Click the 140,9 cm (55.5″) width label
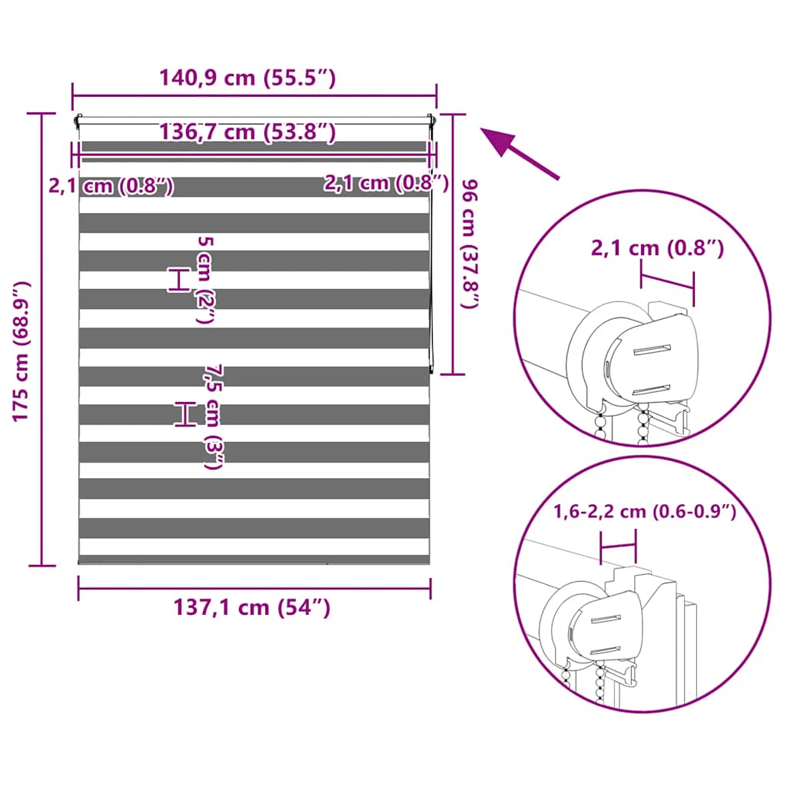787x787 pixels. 247,78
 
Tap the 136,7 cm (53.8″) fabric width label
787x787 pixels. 247,132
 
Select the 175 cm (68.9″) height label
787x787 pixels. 21,351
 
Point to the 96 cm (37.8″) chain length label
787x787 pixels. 470,244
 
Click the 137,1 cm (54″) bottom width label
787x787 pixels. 252,607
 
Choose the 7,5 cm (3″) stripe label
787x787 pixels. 214,417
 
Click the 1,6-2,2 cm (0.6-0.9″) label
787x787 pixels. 645,511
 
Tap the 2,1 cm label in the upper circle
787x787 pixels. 657,248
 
